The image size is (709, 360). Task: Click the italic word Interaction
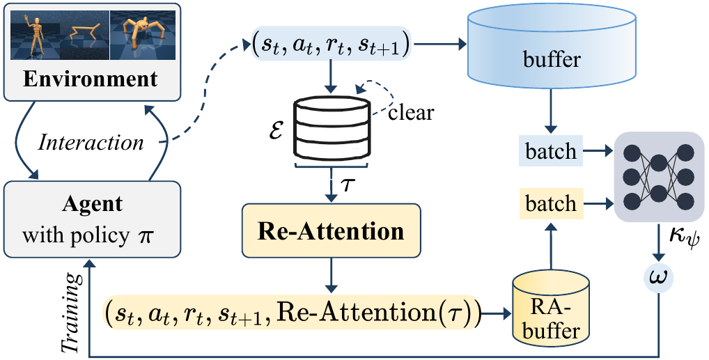click(x=91, y=143)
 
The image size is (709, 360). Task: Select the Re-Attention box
click(x=331, y=230)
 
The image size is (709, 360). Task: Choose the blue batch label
click(x=551, y=150)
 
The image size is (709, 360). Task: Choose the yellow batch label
click(x=551, y=204)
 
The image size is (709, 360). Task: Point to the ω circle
click(x=656, y=279)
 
